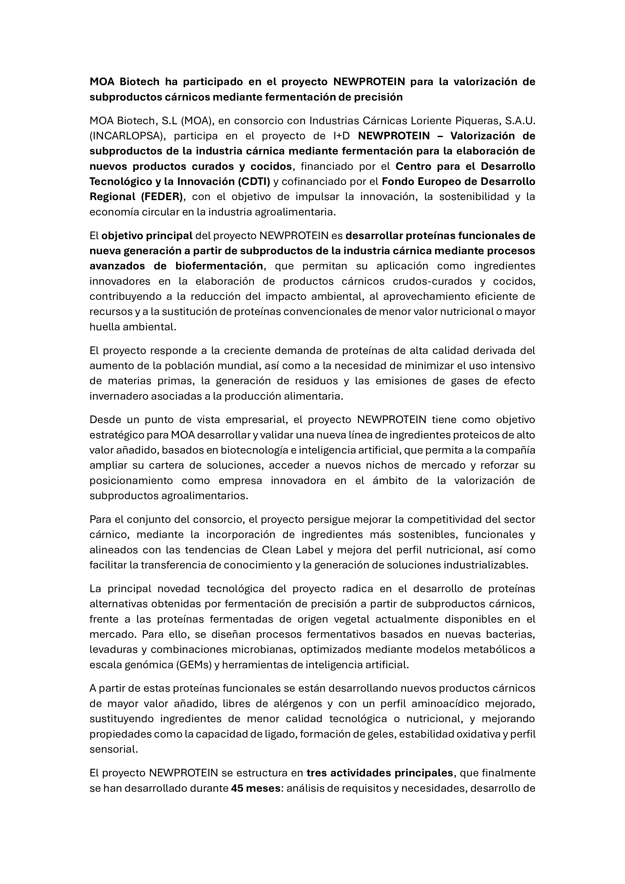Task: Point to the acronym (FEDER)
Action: [x=162, y=197]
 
